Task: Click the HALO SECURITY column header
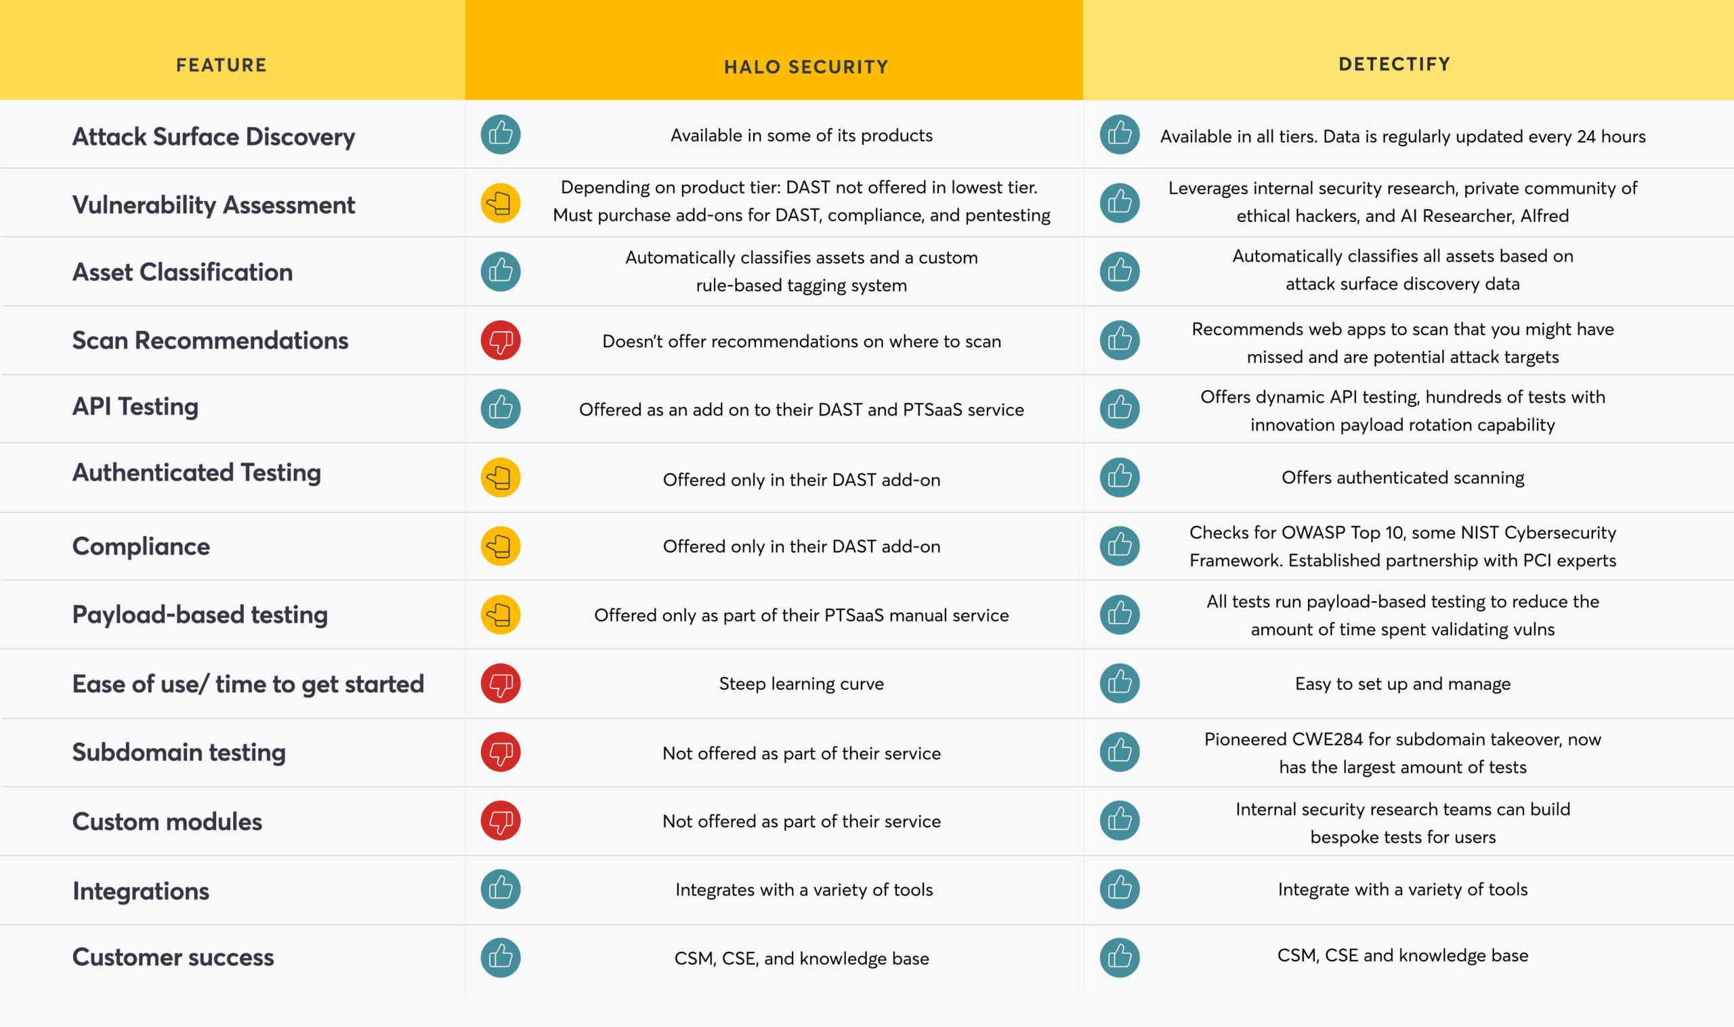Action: click(x=806, y=66)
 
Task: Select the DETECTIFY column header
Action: click(x=1394, y=64)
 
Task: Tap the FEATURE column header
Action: click(x=221, y=65)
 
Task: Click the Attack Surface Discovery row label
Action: click(x=213, y=136)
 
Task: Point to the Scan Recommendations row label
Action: click(x=210, y=341)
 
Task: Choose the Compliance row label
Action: click(x=140, y=546)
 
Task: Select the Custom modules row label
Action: click(x=167, y=821)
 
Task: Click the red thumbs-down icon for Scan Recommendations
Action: click(x=501, y=340)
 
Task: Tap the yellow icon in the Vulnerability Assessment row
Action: click(x=501, y=203)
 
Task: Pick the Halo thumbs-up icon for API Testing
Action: click(x=501, y=408)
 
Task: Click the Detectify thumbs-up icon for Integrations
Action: click(x=1120, y=889)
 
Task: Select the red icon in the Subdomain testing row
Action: click(x=501, y=751)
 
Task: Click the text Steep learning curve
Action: click(x=801, y=684)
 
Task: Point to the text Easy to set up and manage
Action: click(x=1402, y=684)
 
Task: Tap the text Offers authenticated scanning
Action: click(x=1402, y=477)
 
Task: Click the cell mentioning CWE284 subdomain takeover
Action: click(x=1402, y=753)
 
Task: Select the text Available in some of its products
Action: click(x=801, y=135)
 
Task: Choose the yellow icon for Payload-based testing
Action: click(x=501, y=615)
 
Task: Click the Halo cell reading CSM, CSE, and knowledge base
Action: click(x=801, y=959)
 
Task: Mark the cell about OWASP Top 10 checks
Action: click(x=1402, y=546)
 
